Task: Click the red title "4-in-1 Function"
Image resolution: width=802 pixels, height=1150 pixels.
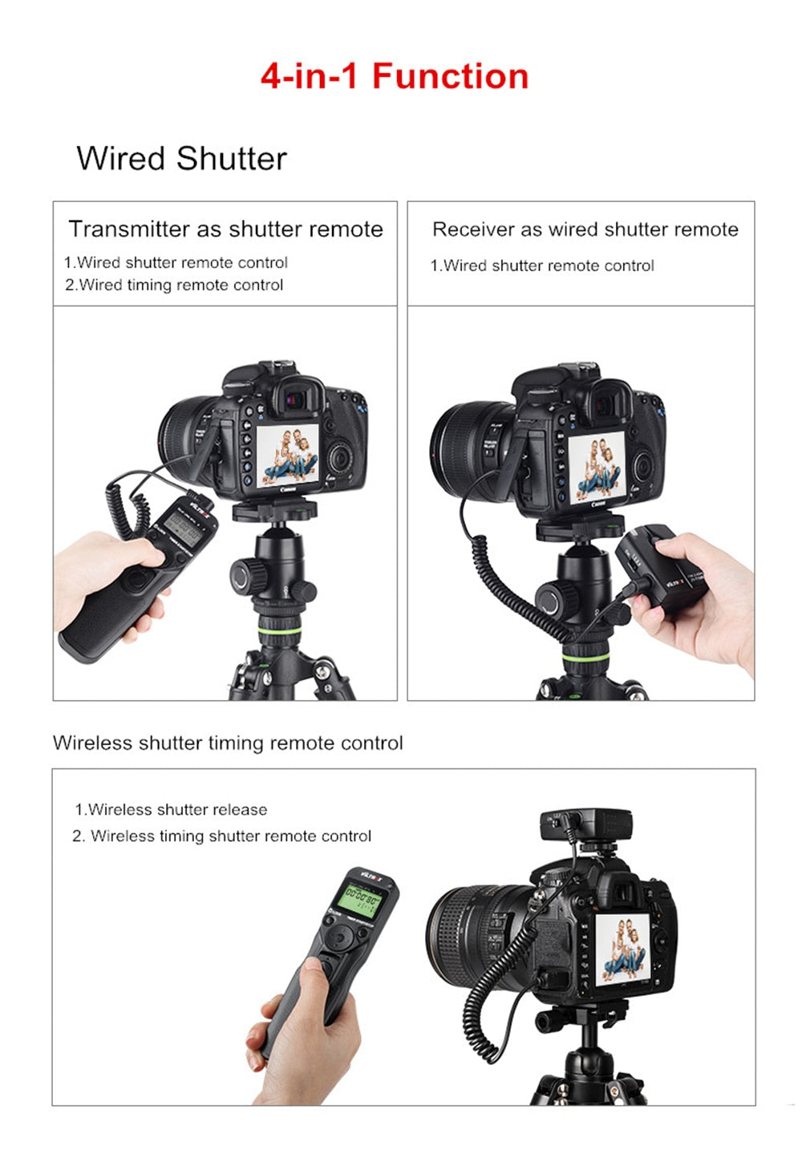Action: point(395,77)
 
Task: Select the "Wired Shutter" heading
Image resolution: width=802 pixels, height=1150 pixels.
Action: point(181,159)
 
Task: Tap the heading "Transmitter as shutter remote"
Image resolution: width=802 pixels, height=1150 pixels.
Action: point(225,229)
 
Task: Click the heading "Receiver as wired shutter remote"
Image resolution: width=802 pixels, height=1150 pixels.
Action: point(585,229)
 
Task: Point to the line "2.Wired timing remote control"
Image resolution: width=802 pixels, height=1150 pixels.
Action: point(174,285)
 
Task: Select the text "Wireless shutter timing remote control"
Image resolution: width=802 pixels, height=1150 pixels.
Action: point(228,743)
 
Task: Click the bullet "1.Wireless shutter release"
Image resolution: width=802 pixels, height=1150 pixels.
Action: point(171,809)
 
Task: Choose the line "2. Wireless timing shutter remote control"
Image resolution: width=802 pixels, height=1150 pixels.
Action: point(221,836)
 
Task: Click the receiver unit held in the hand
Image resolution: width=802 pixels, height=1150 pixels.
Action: point(658,570)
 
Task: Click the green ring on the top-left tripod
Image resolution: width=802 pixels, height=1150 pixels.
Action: point(279,633)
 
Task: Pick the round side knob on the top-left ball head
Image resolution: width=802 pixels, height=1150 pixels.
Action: point(243,575)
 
